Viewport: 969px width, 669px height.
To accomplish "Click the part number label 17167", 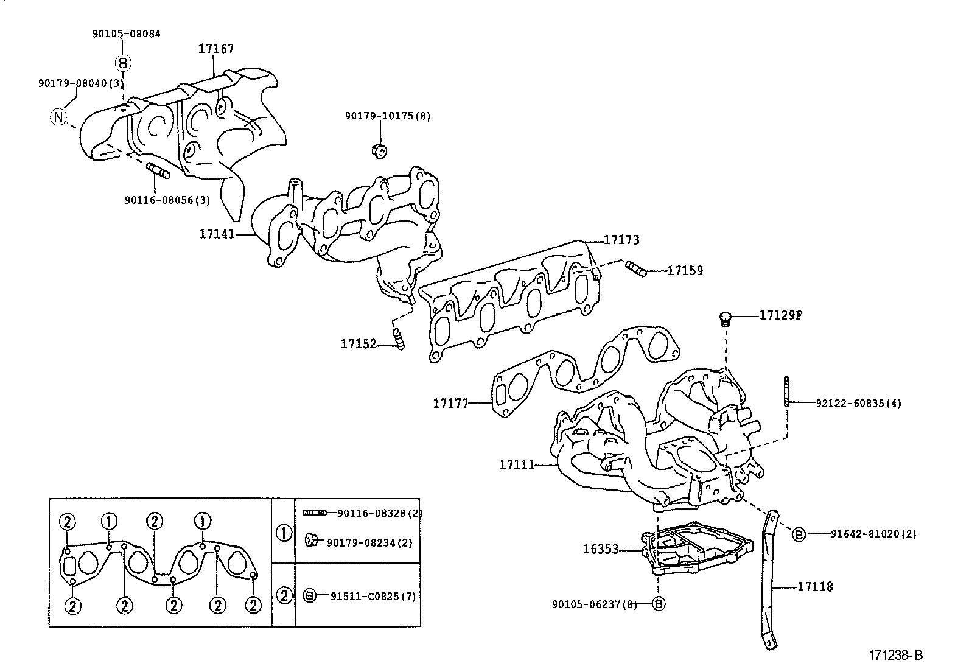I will pos(216,49).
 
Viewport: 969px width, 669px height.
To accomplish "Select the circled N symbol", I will pos(58,116).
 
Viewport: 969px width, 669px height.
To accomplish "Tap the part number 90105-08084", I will pos(127,34).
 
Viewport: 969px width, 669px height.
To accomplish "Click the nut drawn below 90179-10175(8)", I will pos(379,150).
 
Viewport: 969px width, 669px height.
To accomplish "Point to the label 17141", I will pos(217,234).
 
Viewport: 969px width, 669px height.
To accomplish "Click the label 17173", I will pos(621,240).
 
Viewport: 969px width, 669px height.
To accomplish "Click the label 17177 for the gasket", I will pos(450,403).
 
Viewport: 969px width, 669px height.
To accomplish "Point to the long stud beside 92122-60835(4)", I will pos(787,391).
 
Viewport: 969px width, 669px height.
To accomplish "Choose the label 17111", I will pos(517,465).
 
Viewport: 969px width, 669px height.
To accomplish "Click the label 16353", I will pos(600,549).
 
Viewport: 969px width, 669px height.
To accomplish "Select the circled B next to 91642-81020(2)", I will pos(799,534).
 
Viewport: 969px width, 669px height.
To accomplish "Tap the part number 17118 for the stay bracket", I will pos(815,587).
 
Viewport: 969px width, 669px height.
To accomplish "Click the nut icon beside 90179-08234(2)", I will pos(310,539).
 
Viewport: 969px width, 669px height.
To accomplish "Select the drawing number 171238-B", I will pos(895,655).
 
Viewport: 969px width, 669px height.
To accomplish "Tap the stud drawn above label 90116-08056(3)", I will pos(159,170).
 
